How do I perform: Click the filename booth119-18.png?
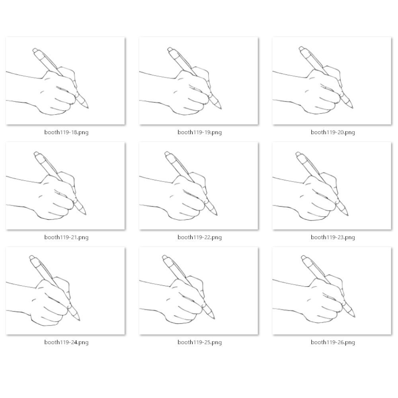point(66,132)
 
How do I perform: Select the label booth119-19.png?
point(199,132)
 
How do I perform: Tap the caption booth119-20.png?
point(333,132)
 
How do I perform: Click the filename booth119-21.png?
point(66,237)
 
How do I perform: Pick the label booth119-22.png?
point(199,237)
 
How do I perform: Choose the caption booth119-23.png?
point(333,237)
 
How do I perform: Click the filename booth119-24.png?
point(66,342)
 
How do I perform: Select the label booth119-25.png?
point(199,342)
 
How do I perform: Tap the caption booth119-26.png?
point(333,342)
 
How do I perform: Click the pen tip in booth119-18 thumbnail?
point(88,108)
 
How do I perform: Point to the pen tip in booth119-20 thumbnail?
point(352,108)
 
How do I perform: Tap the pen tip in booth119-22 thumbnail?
point(217,215)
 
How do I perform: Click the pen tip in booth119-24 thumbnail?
point(80,320)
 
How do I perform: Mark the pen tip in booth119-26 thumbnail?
point(354,316)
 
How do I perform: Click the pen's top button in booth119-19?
point(170,49)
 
